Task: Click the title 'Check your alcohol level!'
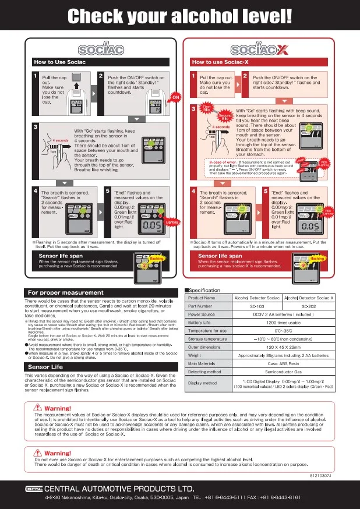click(179, 16)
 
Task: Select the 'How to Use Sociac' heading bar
click(60, 62)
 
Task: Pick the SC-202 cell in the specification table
click(309, 306)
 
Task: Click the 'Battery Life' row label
click(199, 322)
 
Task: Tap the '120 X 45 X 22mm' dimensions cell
click(283, 347)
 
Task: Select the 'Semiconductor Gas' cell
click(283, 371)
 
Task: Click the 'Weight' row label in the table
click(195, 355)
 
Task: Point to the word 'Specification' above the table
click(204, 290)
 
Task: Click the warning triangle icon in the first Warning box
click(39, 408)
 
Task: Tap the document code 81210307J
click(320, 475)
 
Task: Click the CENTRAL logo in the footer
click(33, 487)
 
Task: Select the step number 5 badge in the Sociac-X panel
click(267, 190)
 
